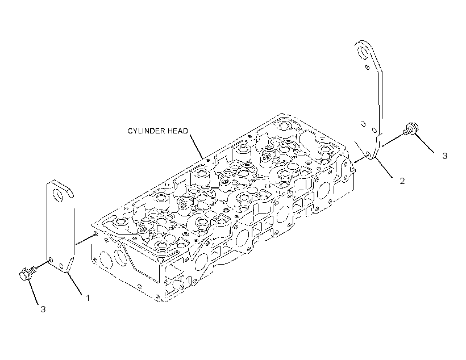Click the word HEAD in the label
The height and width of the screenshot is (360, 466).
pyautogui.click(x=178, y=131)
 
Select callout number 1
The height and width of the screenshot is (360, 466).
pyautogui.click(x=88, y=298)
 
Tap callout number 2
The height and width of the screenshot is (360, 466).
pyautogui.click(x=402, y=181)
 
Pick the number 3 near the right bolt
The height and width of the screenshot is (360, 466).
pyautogui.click(x=444, y=156)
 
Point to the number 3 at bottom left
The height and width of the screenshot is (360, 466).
pyautogui.click(x=43, y=309)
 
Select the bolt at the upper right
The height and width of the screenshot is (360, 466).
pyautogui.click(x=411, y=129)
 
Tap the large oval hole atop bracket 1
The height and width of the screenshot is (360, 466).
pyautogui.click(x=59, y=195)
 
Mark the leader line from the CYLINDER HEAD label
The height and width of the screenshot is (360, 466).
pyautogui.click(x=197, y=146)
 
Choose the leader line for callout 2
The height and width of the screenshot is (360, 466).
pyautogui.click(x=385, y=168)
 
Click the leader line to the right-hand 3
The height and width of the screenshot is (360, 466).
pyautogui.click(x=425, y=144)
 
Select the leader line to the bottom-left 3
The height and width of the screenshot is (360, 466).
pyautogui.click(x=33, y=292)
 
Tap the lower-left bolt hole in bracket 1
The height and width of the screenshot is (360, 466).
pyautogui.click(x=51, y=260)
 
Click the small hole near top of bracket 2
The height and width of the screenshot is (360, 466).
pyautogui.click(x=367, y=67)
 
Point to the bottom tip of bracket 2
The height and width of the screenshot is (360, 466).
pyautogui.click(x=373, y=160)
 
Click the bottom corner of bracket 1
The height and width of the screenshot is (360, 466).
pyautogui.click(x=67, y=272)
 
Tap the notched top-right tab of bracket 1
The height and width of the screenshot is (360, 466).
pyautogui.click(x=70, y=193)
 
